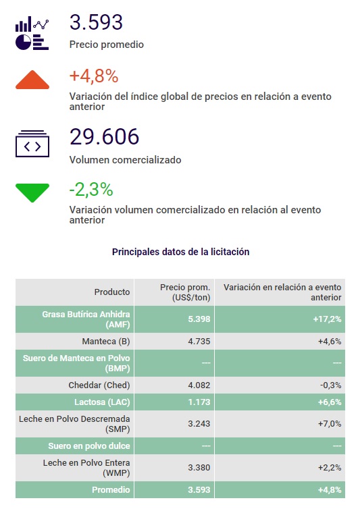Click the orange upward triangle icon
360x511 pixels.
point(32,80)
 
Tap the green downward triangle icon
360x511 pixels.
point(32,192)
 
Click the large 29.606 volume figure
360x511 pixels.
point(104,136)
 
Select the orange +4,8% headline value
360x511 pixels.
point(94,76)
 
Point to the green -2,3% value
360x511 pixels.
point(91,189)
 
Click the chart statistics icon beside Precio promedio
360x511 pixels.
point(32,33)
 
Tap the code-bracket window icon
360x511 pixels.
point(32,144)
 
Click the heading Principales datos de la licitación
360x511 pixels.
point(180,252)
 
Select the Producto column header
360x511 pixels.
point(112,292)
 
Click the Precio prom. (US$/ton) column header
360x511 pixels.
point(185,292)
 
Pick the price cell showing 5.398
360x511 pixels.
point(199,319)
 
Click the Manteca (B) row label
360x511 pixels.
point(106,341)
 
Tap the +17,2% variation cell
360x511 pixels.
point(327,319)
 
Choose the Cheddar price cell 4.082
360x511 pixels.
point(199,385)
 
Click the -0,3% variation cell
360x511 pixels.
point(331,385)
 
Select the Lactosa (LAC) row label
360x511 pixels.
point(102,402)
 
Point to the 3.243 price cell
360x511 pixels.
point(199,424)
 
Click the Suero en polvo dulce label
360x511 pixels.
point(89,446)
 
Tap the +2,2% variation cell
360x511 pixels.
point(330,468)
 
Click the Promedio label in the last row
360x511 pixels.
point(111,489)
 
